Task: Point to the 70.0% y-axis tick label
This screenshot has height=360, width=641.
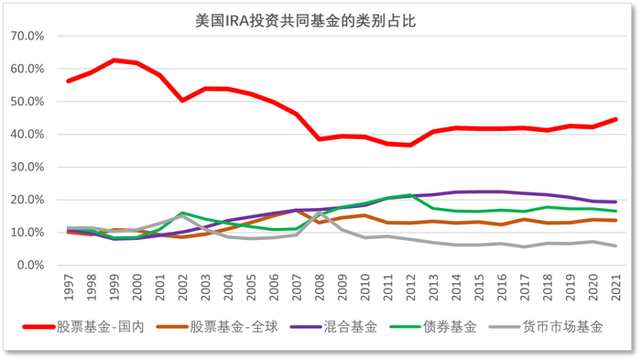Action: click(x=28, y=36)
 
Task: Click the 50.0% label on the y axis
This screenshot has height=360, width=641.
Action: click(x=28, y=102)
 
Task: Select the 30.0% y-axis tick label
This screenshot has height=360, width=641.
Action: click(x=28, y=167)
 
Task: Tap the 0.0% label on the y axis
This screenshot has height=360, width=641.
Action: click(x=31, y=266)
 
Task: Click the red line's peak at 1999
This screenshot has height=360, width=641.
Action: click(x=114, y=60)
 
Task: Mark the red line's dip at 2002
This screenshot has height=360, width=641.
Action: click(x=183, y=101)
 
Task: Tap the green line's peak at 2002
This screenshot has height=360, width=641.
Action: click(x=183, y=213)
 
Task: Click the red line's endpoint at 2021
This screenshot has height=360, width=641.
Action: click(x=614, y=119)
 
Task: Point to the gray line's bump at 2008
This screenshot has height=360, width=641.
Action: click(x=319, y=213)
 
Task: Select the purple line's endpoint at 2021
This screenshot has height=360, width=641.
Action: click(x=614, y=202)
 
